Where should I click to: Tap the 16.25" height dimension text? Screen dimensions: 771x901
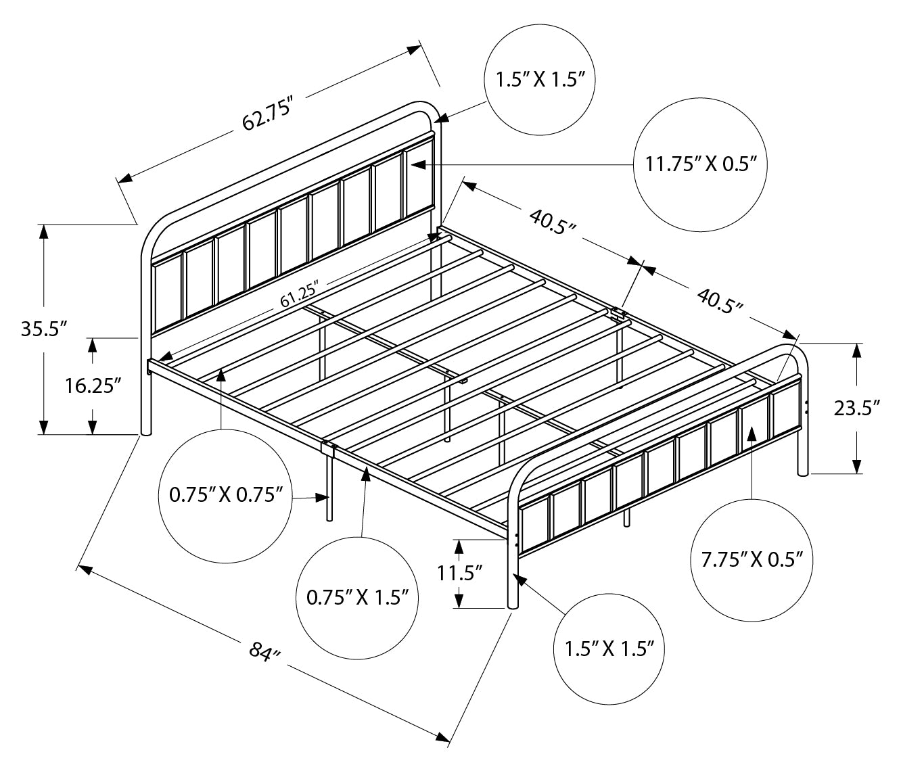tap(93, 385)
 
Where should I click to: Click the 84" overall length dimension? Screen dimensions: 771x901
tap(264, 653)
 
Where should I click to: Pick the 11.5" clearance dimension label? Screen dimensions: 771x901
tap(459, 574)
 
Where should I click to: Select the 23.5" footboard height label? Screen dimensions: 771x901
tap(857, 408)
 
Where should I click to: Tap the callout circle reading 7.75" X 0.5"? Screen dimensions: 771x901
tap(752, 559)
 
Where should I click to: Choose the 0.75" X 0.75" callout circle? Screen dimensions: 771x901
tap(225, 495)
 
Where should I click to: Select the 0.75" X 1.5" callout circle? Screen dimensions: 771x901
tap(358, 597)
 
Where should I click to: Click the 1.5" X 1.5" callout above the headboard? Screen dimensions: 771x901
tap(540, 80)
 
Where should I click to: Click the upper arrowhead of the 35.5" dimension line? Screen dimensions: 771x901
tap(44, 230)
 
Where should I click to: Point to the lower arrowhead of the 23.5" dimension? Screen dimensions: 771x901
tap(857, 467)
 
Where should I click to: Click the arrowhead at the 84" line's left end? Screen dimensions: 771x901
tap(84, 569)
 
